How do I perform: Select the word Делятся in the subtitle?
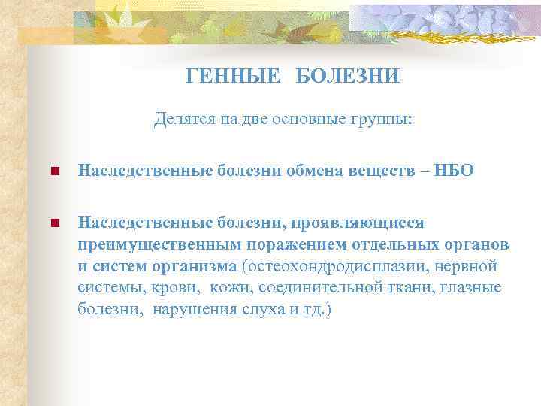(180, 119)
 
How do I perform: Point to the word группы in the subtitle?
(382, 119)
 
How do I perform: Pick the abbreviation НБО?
(454, 171)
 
